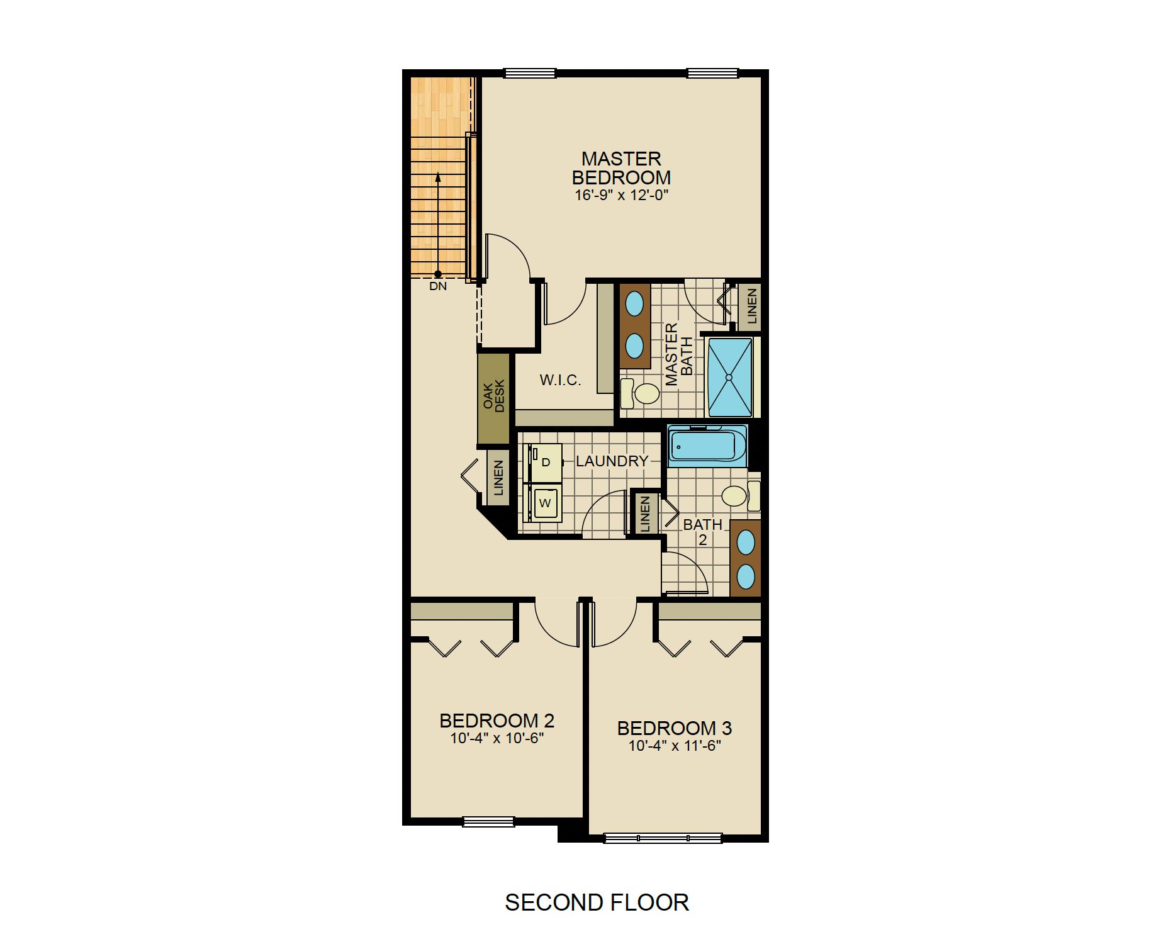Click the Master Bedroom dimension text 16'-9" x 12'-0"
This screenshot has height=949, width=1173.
point(621,195)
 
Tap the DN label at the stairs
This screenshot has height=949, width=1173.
point(438,286)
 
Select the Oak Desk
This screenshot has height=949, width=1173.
point(493,399)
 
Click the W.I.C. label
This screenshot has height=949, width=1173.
point(560,380)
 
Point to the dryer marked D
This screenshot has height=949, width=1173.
point(544,463)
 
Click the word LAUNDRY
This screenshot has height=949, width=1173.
point(612,461)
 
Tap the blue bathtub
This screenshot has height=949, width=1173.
point(707,446)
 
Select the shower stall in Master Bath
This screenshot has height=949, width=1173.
point(729,378)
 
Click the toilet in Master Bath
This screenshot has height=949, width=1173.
point(640,393)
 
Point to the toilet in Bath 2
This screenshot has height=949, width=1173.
point(741,496)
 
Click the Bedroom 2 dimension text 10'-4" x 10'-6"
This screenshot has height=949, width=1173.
point(497,738)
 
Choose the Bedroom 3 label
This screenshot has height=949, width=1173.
point(674,728)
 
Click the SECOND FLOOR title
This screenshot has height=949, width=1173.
point(597,902)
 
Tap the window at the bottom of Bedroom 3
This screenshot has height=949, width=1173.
point(663,838)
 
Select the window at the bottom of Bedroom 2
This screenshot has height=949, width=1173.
point(488,821)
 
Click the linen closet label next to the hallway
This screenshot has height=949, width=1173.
point(498,478)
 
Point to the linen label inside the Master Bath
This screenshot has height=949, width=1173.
point(751,306)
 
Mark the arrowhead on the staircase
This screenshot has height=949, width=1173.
point(438,177)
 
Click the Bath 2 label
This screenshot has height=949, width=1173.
point(703,532)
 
